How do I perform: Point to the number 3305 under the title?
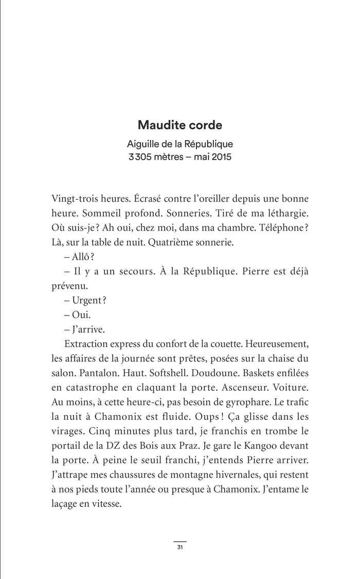(140, 156)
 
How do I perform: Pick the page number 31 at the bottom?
(180, 547)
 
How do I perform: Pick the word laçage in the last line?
(65, 505)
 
